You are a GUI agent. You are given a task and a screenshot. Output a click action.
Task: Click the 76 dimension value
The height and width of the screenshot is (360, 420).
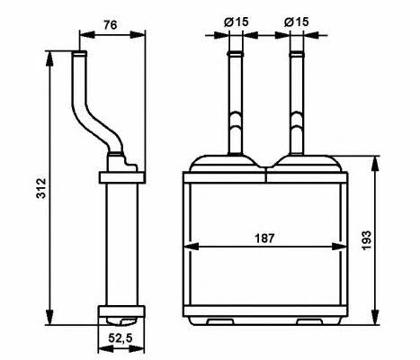(x=111, y=25)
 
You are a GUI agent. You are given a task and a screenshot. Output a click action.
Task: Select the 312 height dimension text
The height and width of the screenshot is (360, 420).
(x=41, y=188)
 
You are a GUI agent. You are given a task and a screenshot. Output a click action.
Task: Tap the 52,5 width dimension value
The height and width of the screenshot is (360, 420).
(x=121, y=338)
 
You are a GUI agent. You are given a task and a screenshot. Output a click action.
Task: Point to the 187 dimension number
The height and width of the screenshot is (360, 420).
(x=264, y=238)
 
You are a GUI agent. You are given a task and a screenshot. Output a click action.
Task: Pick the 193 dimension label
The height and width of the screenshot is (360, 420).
(x=366, y=240)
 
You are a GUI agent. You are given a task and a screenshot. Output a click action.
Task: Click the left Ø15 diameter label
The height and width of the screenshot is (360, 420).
(x=237, y=22)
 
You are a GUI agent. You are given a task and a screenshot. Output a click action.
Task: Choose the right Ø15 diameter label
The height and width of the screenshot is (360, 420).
(x=297, y=22)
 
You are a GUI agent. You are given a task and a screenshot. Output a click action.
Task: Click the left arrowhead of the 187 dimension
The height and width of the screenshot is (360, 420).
(x=191, y=247)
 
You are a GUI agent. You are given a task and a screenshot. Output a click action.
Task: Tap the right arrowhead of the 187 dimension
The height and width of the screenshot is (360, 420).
(x=340, y=247)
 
